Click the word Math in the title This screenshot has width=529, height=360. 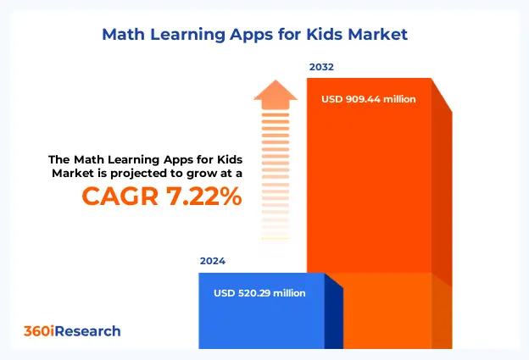(124, 35)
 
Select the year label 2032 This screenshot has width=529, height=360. (320, 67)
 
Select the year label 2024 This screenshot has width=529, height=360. (213, 262)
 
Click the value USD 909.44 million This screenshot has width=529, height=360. (369, 99)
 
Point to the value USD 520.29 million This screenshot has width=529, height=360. (260, 293)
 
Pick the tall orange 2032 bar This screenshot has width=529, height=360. (369, 186)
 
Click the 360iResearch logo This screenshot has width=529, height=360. (70, 331)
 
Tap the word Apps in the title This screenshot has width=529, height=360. (258, 35)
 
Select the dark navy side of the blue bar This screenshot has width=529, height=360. (334, 318)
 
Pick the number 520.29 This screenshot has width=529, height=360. (261, 293)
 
